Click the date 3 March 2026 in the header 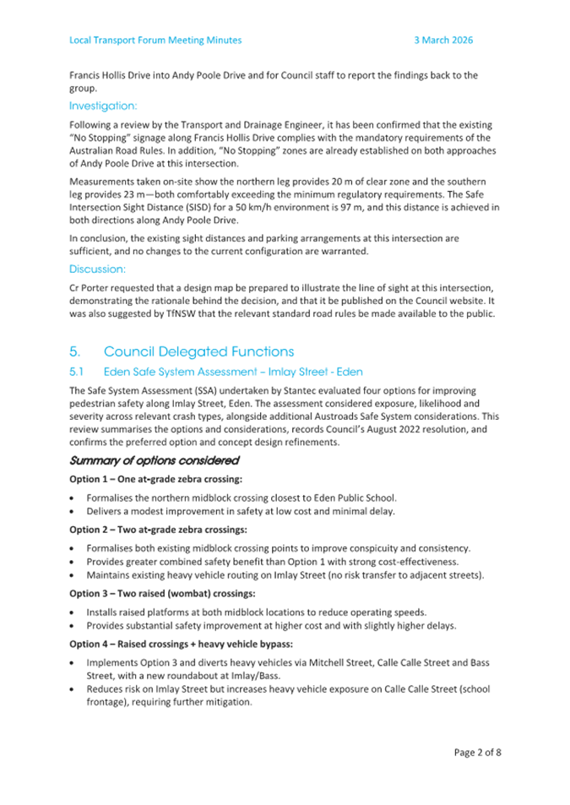(443, 40)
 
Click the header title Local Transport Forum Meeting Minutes (155, 40)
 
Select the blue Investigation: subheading (103, 106)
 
